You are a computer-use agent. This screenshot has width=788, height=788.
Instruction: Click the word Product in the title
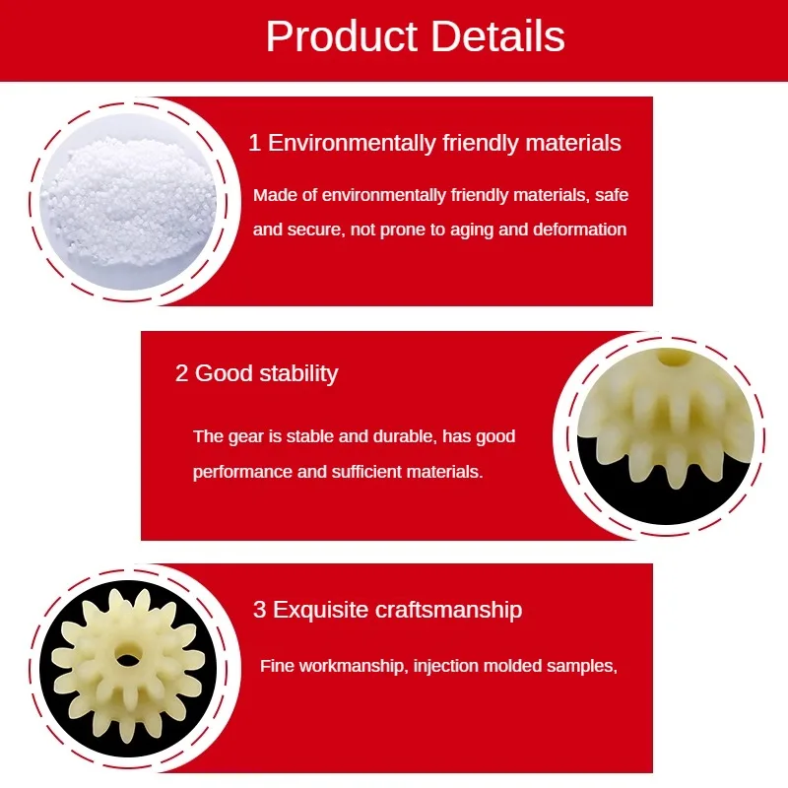(x=341, y=36)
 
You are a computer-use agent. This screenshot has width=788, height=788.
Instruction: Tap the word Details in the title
(x=497, y=36)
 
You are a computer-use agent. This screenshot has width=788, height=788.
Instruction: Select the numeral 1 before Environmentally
(x=255, y=143)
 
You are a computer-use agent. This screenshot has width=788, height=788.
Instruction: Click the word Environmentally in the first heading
(x=352, y=143)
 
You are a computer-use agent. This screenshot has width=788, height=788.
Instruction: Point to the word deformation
(x=579, y=230)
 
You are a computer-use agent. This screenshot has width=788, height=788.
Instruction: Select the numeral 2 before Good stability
(x=181, y=374)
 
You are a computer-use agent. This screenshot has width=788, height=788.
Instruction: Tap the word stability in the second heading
(x=298, y=374)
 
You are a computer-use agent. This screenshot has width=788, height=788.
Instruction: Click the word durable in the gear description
(x=399, y=436)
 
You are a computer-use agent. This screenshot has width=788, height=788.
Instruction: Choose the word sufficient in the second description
(x=350, y=472)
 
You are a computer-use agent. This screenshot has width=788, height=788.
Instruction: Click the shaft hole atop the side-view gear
(x=674, y=358)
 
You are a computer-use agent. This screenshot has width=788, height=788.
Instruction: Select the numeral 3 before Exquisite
(x=259, y=610)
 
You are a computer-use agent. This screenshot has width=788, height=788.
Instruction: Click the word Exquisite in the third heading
(x=320, y=610)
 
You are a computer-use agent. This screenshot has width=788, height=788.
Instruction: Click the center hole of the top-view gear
(x=127, y=658)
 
